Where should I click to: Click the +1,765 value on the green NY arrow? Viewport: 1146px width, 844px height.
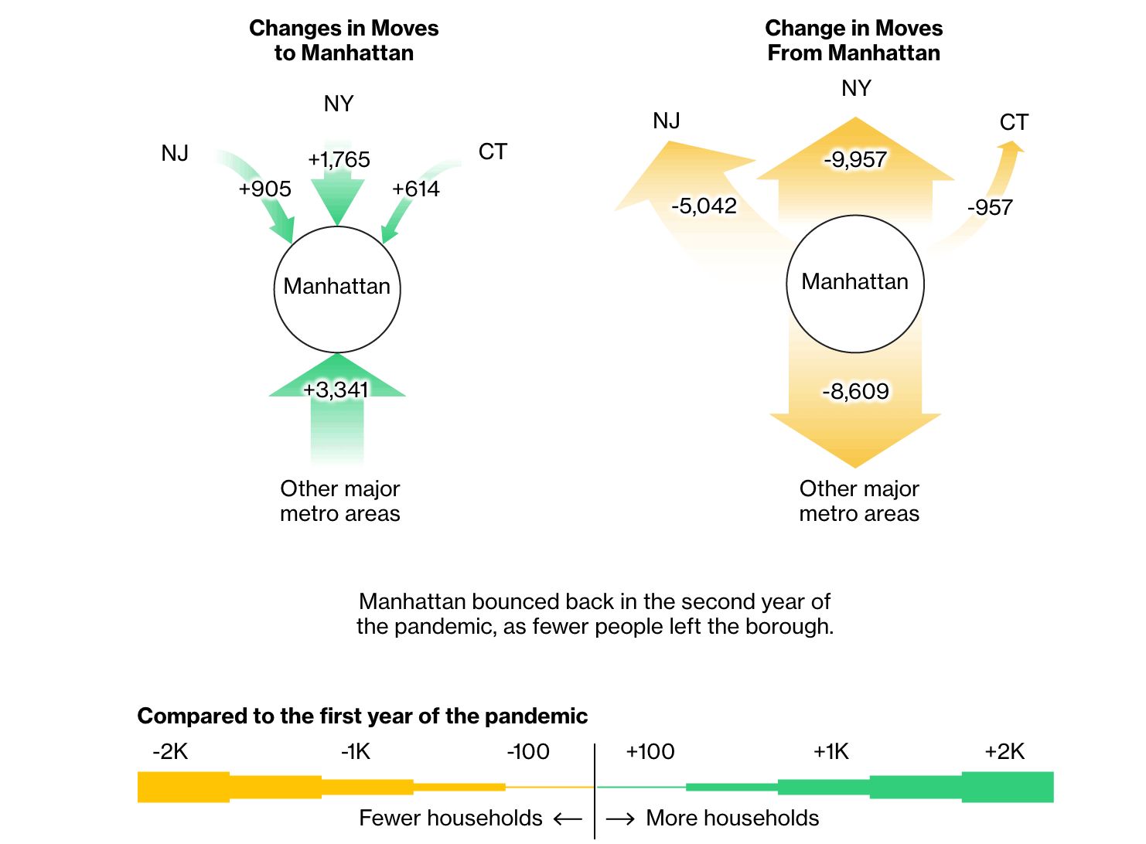(339, 160)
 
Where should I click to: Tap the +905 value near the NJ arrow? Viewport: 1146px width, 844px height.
(264, 189)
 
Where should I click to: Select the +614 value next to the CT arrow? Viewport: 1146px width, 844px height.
(415, 189)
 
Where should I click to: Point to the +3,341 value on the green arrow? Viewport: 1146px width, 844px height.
(336, 390)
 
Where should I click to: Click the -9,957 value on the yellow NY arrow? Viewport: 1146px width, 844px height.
(854, 160)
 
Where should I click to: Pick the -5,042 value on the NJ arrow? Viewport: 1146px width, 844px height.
(704, 206)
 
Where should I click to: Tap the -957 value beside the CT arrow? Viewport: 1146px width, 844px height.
(990, 208)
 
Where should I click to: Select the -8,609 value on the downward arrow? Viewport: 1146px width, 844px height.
(855, 392)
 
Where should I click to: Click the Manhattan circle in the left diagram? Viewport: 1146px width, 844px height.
(337, 288)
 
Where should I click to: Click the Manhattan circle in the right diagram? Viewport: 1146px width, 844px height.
(855, 282)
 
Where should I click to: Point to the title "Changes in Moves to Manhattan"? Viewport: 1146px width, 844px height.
(343, 40)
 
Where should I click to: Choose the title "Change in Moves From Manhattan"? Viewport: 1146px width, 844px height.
(854, 40)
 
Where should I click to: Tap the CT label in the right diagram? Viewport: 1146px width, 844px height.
(1014, 123)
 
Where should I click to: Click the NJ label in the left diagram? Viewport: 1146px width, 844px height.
(175, 154)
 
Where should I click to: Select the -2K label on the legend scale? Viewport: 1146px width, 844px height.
(170, 752)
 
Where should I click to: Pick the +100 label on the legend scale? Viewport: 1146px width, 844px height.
(650, 752)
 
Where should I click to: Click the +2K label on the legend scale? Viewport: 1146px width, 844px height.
(1004, 752)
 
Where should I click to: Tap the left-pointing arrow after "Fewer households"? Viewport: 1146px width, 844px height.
(568, 818)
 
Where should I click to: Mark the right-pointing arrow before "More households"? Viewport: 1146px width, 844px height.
(620, 818)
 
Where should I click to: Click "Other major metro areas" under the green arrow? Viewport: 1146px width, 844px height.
(340, 501)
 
